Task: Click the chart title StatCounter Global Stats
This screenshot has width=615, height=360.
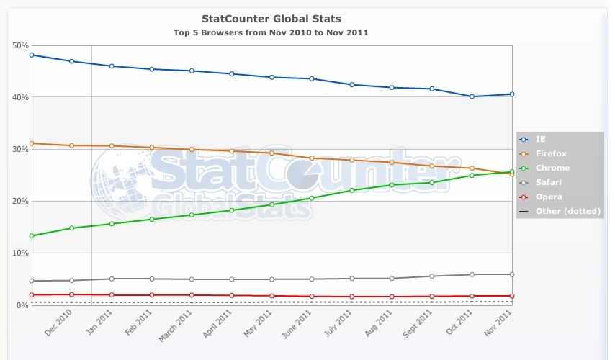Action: pos(271,18)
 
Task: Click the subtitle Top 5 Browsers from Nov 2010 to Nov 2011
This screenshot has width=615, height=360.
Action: pos(271,32)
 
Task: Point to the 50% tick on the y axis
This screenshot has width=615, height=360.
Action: pos(20,45)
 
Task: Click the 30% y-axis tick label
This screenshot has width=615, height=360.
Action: pos(20,149)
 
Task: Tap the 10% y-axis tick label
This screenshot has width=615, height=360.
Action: pos(20,253)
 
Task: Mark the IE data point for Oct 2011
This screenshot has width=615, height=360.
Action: pos(471,96)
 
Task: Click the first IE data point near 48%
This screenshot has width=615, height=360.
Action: pos(32,55)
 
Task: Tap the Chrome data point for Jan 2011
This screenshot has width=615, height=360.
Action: pos(112,224)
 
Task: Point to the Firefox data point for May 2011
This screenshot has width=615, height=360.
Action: pos(271,153)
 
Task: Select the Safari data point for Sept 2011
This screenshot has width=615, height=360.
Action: pos(431,276)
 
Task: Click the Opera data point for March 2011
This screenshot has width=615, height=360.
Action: pos(192,295)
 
